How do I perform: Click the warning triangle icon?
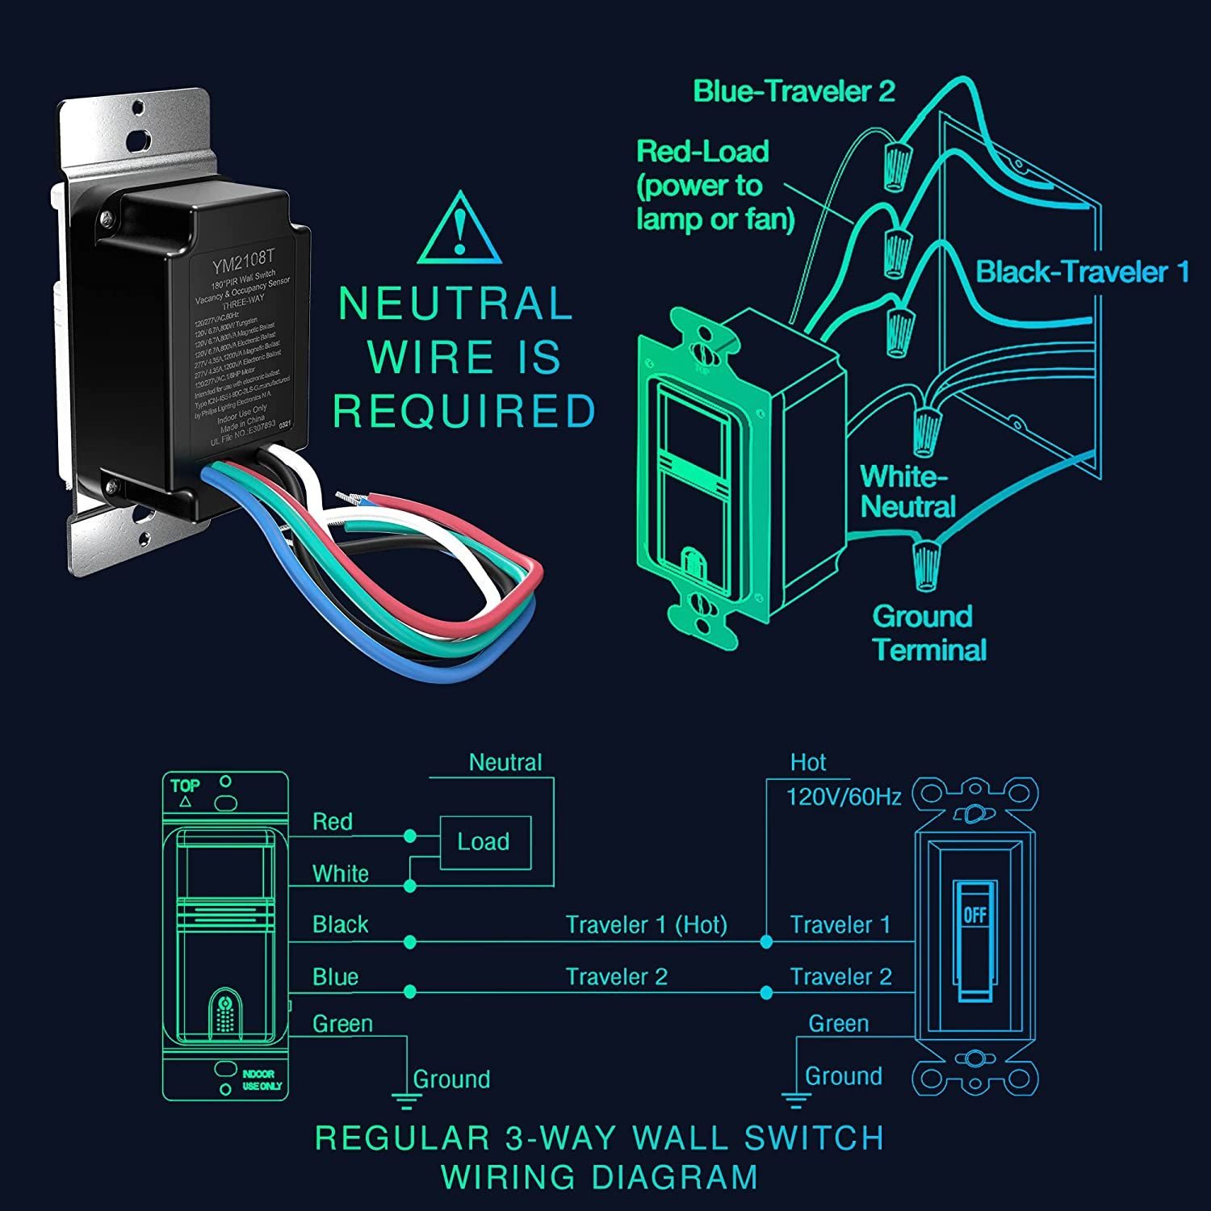(x=459, y=229)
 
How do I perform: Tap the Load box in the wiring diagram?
(x=484, y=842)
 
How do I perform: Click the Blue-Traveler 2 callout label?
(x=794, y=91)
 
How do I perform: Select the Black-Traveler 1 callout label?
(x=1083, y=271)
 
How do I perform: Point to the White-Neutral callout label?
(x=907, y=491)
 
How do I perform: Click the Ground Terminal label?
(x=928, y=633)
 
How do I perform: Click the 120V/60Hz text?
(x=844, y=797)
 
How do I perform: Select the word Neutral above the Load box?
(x=505, y=762)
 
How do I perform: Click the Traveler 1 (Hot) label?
(x=646, y=925)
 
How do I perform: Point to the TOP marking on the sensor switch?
(x=185, y=786)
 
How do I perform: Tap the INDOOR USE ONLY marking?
(x=262, y=1080)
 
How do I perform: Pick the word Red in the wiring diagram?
(x=333, y=822)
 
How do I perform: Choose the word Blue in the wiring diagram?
(x=335, y=977)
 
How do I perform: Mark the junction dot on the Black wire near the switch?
(x=410, y=942)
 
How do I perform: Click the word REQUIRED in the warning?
(x=464, y=411)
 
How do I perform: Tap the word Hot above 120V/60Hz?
(x=808, y=762)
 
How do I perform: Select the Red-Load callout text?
(x=714, y=185)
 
